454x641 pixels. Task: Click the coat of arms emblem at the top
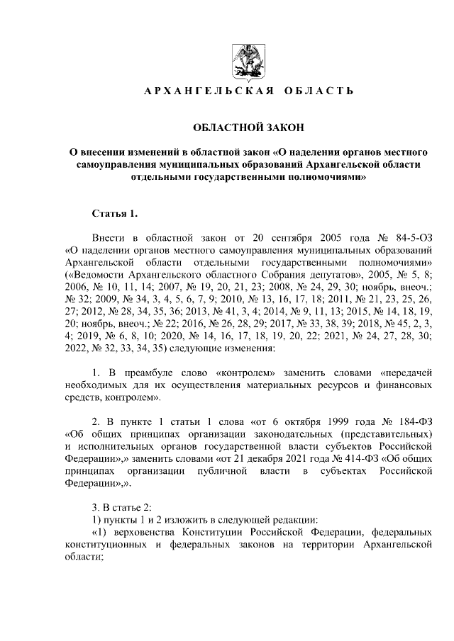[x=246, y=61]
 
